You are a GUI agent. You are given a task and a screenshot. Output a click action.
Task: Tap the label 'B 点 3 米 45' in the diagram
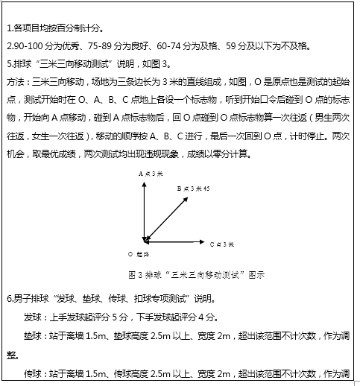(x=193, y=190)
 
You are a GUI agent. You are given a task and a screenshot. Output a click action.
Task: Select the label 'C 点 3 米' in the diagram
(x=222, y=244)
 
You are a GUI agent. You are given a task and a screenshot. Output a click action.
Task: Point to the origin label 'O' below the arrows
(x=130, y=254)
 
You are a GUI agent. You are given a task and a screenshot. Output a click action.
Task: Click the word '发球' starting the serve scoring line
(x=33, y=317)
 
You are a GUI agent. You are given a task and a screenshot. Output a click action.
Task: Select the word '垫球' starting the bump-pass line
(x=33, y=335)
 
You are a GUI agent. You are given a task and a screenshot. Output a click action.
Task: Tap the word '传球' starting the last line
(x=33, y=373)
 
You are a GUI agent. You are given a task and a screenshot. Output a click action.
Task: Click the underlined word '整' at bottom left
(x=10, y=354)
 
